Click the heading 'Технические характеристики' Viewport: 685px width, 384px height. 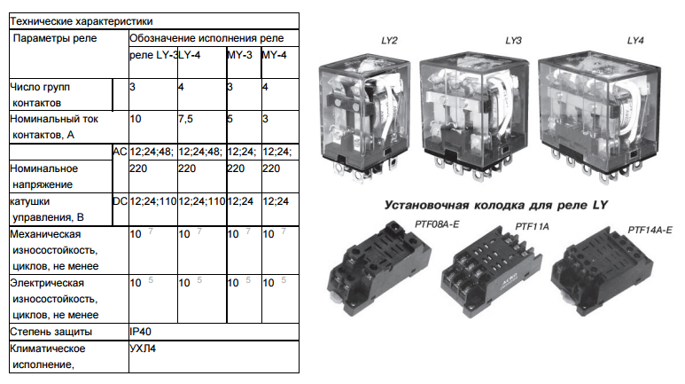click(x=82, y=21)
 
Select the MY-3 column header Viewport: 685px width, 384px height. click(x=240, y=55)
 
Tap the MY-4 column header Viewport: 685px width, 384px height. click(x=275, y=55)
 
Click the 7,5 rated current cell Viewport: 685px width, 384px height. click(x=186, y=119)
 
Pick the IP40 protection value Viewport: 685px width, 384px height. click(x=140, y=332)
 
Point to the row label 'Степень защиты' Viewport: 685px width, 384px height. click(x=51, y=332)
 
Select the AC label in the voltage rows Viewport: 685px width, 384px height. click(x=120, y=152)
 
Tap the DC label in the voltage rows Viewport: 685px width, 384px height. click(x=121, y=201)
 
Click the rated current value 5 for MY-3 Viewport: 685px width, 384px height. click(x=230, y=119)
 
